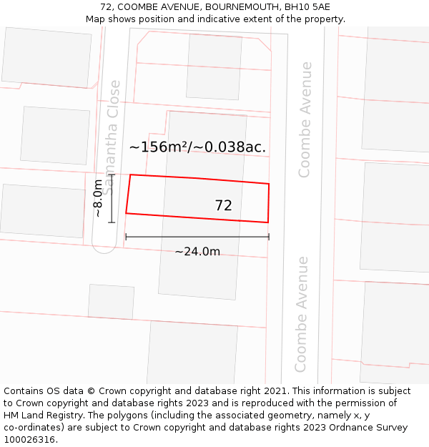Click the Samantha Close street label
[111, 137]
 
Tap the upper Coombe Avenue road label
[305, 119]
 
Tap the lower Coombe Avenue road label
[301, 314]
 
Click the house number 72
[223, 205]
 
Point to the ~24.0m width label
[197, 251]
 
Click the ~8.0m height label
[99, 198]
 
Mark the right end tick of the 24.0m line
[269, 237]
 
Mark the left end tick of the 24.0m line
[126, 237]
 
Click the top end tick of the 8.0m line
[112, 175]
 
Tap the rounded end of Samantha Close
[104, 246]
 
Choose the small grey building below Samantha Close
[111, 301]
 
